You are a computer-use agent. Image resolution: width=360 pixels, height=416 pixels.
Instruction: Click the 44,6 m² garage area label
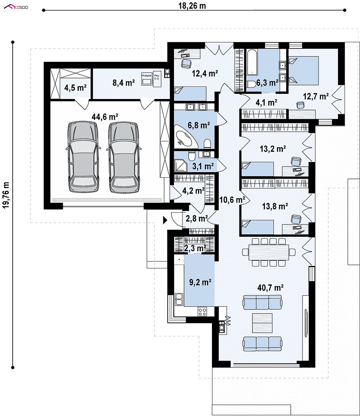click(x=105, y=116)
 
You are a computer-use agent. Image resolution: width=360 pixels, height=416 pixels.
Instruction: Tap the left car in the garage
click(x=84, y=157)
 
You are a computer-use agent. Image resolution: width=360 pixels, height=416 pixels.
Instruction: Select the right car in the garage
click(x=123, y=157)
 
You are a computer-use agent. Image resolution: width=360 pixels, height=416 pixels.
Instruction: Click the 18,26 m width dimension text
click(x=192, y=6)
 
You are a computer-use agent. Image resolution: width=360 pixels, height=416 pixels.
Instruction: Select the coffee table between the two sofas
click(x=262, y=323)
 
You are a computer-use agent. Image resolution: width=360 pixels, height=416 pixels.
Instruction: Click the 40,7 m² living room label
click(x=270, y=287)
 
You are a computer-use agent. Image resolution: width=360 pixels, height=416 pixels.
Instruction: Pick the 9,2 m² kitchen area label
click(x=200, y=282)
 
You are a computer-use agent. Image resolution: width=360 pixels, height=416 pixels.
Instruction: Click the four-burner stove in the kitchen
click(x=202, y=311)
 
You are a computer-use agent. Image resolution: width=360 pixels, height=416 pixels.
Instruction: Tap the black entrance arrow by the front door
click(x=165, y=220)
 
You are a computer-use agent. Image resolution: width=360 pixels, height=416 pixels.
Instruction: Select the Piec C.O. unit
click(x=157, y=80)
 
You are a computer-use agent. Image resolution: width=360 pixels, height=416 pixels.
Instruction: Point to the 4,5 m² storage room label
click(x=75, y=87)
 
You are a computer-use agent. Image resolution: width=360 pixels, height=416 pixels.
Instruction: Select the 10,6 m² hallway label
click(x=232, y=200)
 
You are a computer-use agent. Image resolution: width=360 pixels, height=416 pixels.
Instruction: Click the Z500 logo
click(x=16, y=7)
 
